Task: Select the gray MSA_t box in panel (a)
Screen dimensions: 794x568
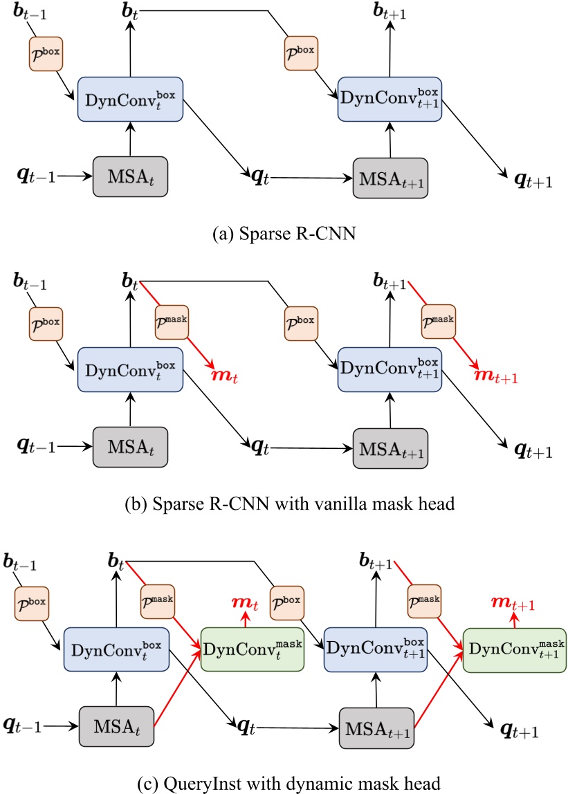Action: pyautogui.click(x=130, y=177)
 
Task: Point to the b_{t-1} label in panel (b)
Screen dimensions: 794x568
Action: pyautogui.click(x=28, y=281)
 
